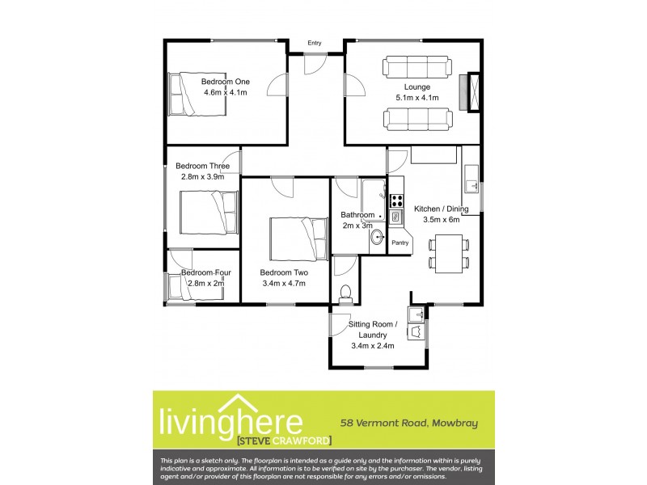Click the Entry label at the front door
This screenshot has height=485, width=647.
pyautogui.click(x=315, y=43)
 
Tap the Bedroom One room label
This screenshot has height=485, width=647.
pyautogui.click(x=226, y=82)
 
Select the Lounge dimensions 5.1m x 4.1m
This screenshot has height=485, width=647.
pyautogui.click(x=417, y=98)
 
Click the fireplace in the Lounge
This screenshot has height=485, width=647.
pyautogui.click(x=469, y=91)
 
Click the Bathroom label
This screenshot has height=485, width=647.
pyautogui.click(x=357, y=215)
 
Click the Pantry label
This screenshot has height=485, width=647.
pyautogui.click(x=400, y=242)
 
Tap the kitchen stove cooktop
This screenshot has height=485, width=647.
pyautogui.click(x=396, y=200)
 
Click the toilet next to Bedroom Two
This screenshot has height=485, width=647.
pyautogui.click(x=346, y=293)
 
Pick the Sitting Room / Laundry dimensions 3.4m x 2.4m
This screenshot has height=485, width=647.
pyautogui.click(x=372, y=346)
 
